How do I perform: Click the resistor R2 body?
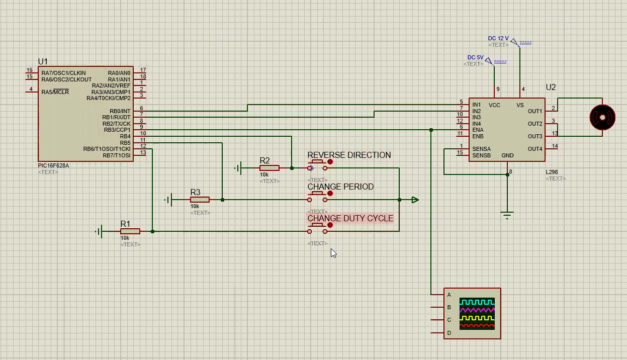coord(270,168)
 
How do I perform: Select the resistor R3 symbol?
coord(200,200)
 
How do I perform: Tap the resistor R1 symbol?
coord(130,231)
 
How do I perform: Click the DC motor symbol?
coord(602,117)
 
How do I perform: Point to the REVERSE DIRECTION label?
coord(349,155)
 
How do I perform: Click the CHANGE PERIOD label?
coord(340,187)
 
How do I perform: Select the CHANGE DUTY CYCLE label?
coord(350,219)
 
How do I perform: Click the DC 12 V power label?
coord(498,39)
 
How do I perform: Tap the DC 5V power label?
coord(475,58)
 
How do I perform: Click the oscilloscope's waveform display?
coord(477,313)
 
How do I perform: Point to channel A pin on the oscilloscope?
coord(449,295)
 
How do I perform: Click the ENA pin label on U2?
coord(478,130)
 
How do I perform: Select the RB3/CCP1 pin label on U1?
coord(117,130)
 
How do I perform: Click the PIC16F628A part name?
coord(54,165)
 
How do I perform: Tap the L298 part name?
coord(552,172)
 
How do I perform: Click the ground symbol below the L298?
coord(507,215)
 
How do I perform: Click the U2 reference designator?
coord(551,87)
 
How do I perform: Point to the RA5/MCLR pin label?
coord(55,92)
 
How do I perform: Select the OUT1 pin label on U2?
coord(535,111)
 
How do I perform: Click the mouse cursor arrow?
coord(333,253)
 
